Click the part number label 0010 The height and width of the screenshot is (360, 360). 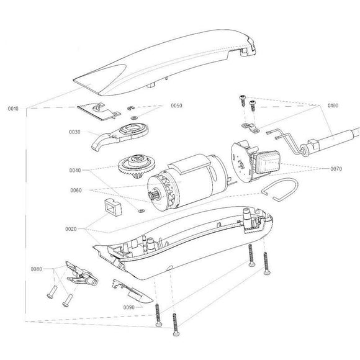click(12, 109)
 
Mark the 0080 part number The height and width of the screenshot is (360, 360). click(35, 269)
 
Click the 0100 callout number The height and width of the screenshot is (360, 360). click(333, 106)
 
